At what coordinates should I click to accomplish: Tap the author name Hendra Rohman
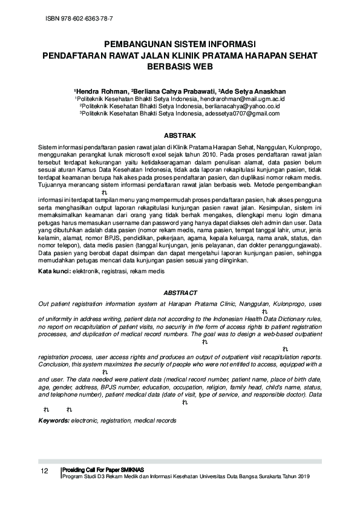97,89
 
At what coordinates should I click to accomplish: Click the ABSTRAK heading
180,136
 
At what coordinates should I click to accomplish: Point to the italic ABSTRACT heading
180,293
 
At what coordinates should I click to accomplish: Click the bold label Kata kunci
54,272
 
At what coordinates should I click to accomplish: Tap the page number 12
44,472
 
